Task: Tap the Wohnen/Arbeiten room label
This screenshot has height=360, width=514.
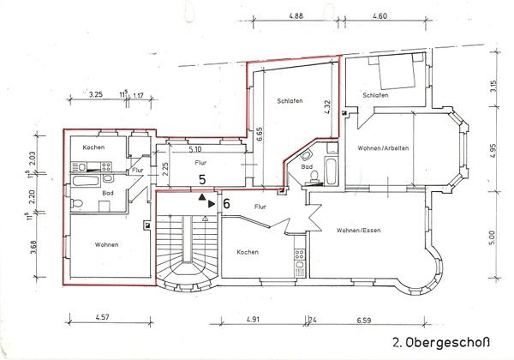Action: tap(383, 148)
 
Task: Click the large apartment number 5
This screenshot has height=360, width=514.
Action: tap(202, 180)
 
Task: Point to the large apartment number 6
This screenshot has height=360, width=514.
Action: tap(227, 204)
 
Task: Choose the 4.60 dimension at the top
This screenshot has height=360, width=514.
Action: tap(380, 16)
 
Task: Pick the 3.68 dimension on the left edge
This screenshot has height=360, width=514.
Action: tap(32, 249)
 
